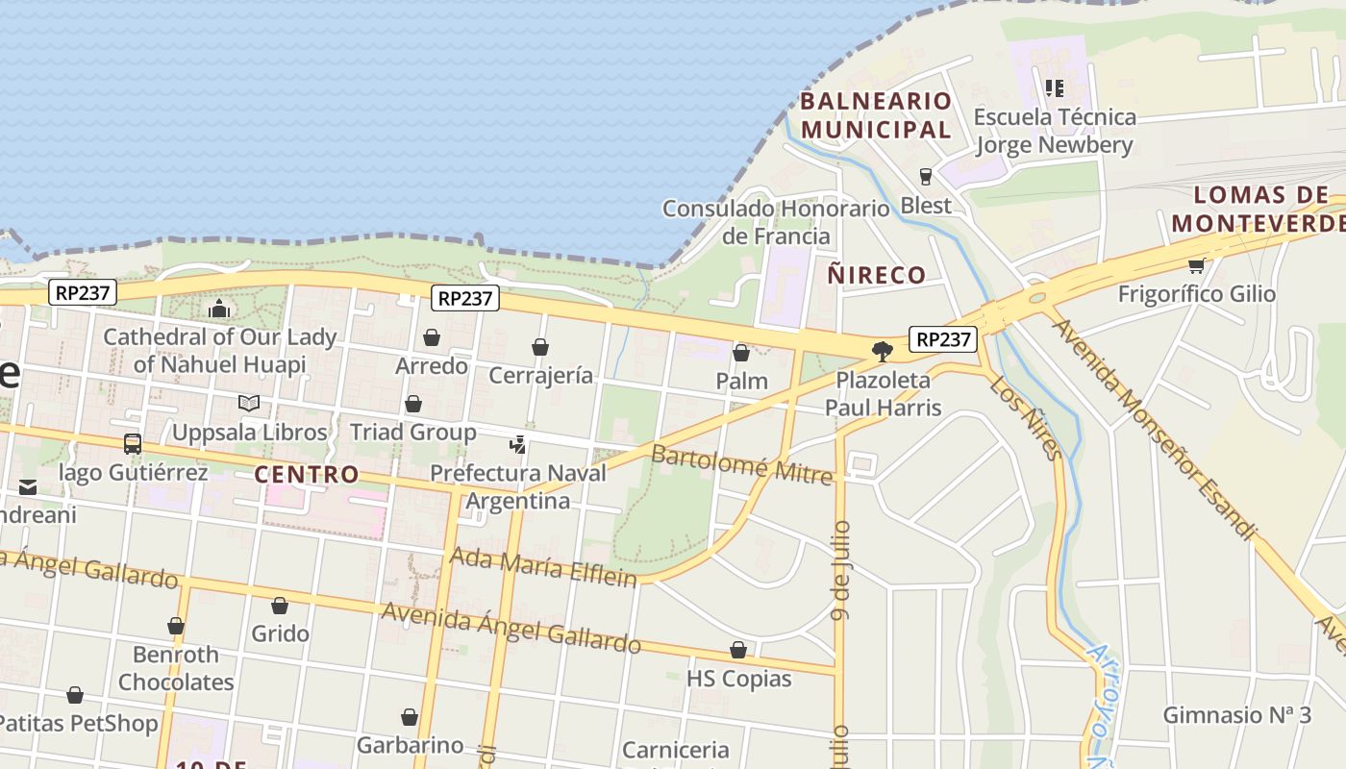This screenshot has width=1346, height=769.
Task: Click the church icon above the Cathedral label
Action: tap(219, 309)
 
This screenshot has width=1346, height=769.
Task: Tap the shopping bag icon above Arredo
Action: tap(432, 337)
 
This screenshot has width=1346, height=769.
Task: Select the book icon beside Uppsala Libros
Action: tap(249, 404)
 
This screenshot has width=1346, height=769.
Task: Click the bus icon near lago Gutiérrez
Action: tap(133, 444)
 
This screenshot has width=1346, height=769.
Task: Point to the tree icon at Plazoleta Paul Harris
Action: tap(882, 351)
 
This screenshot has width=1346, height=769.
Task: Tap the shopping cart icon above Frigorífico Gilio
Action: tap(1196, 265)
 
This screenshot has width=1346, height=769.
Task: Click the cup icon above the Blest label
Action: tap(926, 177)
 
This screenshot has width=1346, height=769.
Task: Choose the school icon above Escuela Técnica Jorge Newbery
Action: tap(1055, 88)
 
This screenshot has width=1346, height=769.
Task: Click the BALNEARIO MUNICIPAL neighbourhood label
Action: tap(876, 114)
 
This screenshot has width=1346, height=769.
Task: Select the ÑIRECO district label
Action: tap(877, 275)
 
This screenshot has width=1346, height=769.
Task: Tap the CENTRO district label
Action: tap(307, 474)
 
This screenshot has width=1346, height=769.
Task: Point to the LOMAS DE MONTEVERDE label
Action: tap(1258, 210)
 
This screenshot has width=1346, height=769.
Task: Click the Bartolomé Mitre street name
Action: tap(741, 465)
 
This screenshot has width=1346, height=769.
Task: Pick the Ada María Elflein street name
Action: tap(543, 566)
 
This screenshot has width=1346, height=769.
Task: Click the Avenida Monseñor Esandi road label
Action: tap(1154, 429)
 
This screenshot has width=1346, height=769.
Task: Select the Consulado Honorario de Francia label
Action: tap(776, 222)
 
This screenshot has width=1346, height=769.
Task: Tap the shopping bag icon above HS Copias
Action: tap(738, 651)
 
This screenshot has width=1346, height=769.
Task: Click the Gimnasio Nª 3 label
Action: tap(1236, 715)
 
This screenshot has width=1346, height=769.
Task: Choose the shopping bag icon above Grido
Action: tap(280, 606)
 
